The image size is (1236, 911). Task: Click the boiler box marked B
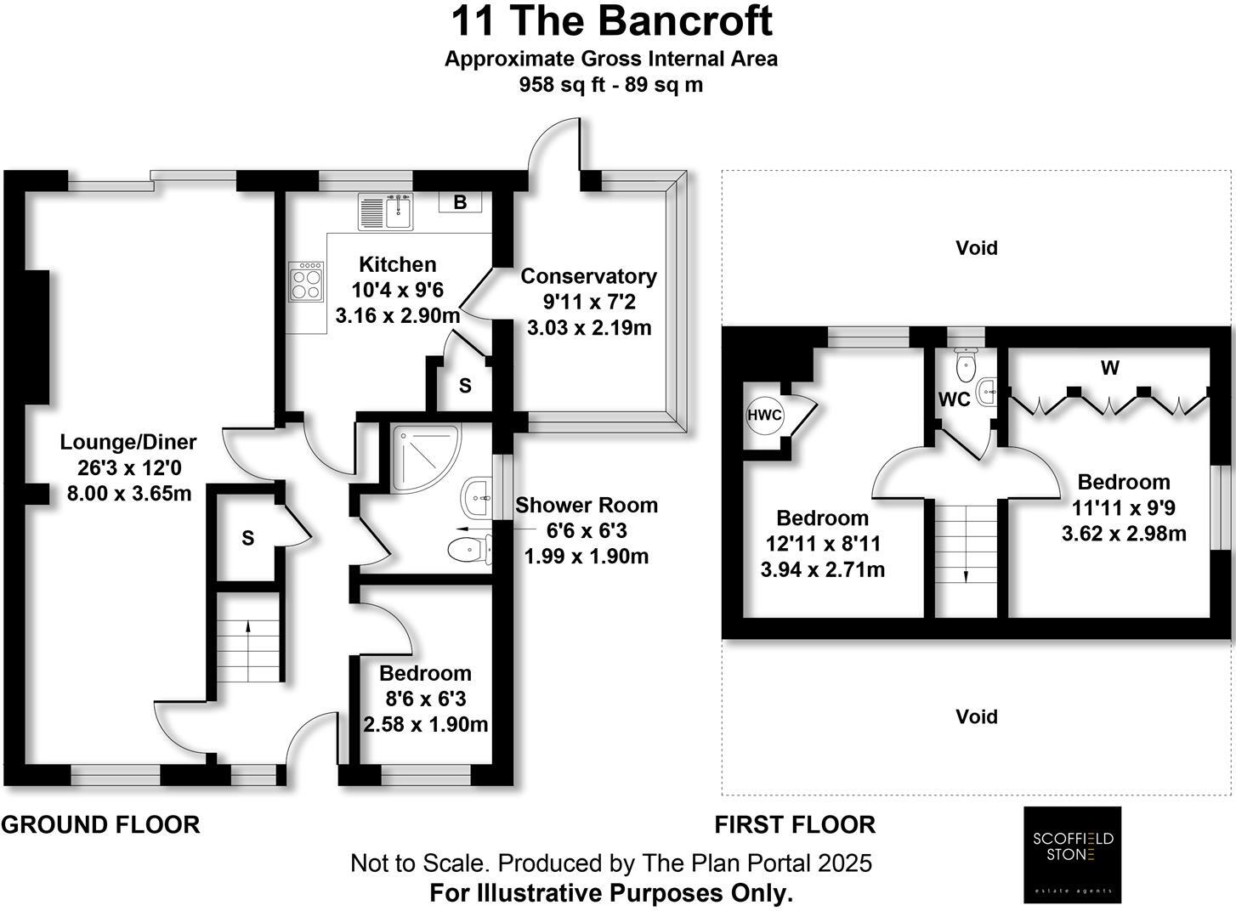click(460, 202)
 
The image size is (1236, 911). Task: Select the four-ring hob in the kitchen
click(306, 281)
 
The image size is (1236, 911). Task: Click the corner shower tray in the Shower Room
click(424, 456)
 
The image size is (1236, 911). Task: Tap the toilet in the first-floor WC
click(966, 365)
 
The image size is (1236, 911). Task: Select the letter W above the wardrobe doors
click(1109, 368)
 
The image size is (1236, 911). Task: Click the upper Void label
click(976, 248)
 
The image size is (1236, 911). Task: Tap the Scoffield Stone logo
click(1072, 854)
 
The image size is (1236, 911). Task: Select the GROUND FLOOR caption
click(100, 824)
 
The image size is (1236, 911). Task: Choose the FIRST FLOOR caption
click(794, 824)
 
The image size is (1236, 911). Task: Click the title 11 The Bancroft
click(611, 21)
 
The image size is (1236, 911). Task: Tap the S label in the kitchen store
click(465, 386)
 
